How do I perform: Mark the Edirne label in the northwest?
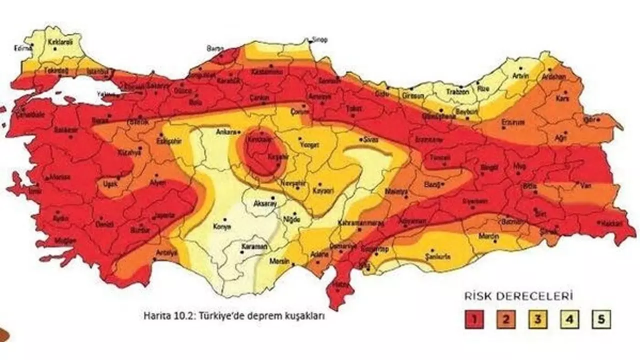(22, 48)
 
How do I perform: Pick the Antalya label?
(167, 252)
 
